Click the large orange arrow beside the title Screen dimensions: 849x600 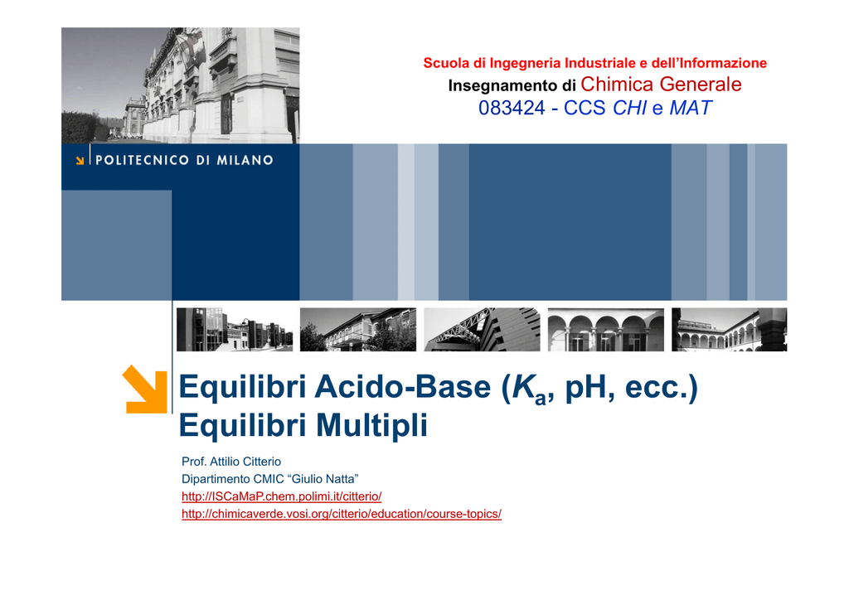[x=144, y=390]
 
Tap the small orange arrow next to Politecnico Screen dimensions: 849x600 [x=80, y=160]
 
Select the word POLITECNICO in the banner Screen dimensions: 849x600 [x=143, y=160]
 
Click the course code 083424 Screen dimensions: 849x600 [x=512, y=109]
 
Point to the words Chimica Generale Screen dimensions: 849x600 [x=661, y=85]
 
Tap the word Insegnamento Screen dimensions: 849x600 [x=495, y=85]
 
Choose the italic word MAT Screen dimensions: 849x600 [x=691, y=109]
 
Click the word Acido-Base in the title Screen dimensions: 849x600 [x=402, y=387]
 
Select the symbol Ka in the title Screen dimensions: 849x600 [x=528, y=389]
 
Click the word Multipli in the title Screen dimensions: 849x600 [x=371, y=424]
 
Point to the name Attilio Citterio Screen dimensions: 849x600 [x=245, y=462]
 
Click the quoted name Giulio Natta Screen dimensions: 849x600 [x=325, y=479]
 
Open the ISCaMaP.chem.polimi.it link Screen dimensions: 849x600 [x=282, y=496]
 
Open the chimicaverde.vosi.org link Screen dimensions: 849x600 [x=341, y=514]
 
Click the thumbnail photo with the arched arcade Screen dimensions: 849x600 [x=606, y=330]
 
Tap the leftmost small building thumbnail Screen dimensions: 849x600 [x=235, y=330]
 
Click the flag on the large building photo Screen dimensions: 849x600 [x=191, y=45]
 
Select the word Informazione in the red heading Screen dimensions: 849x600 [x=723, y=63]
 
